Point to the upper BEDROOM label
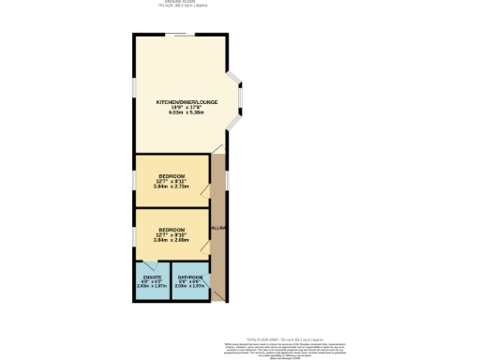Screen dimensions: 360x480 [x=172, y=175]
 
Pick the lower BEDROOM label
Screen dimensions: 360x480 [x=172, y=230]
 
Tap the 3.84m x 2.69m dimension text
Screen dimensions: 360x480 [x=172, y=240]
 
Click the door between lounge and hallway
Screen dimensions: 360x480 [x=218, y=150]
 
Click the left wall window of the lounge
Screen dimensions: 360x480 [x=134, y=94]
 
